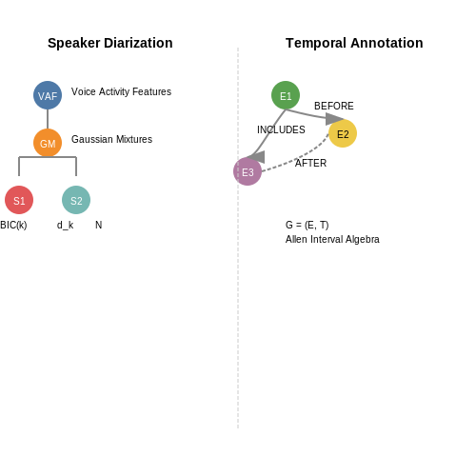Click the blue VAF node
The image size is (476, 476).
click(48, 95)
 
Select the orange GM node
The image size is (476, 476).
click(48, 143)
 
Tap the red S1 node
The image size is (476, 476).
click(19, 200)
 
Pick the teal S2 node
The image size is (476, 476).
click(76, 200)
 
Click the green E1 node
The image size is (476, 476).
click(286, 95)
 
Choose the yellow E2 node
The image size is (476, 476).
click(343, 133)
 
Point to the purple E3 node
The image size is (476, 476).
click(248, 171)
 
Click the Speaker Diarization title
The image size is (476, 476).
click(110, 43)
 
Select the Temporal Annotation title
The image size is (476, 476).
click(354, 43)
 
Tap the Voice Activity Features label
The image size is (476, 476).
click(121, 91)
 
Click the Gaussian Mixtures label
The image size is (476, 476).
click(111, 139)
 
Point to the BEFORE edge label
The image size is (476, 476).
click(334, 106)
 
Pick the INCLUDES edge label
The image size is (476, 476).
click(281, 129)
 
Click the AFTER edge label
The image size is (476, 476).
click(310, 163)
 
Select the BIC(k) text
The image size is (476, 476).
click(13, 225)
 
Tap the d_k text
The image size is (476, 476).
click(65, 225)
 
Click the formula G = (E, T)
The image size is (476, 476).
click(307, 225)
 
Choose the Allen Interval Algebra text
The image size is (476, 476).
click(332, 239)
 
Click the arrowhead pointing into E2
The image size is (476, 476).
click(334, 119)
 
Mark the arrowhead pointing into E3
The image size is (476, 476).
click(256, 157)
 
